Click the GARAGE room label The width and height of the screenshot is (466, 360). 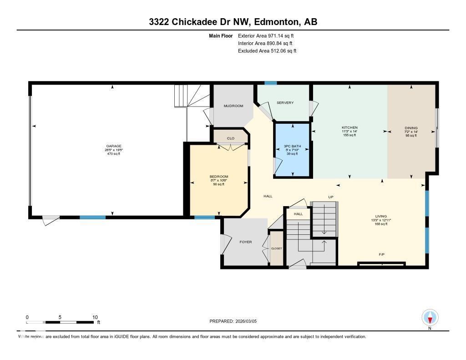113,146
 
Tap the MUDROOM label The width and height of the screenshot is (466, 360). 233,106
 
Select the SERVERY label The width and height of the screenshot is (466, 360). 285,103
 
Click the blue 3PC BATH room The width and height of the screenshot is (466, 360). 292,150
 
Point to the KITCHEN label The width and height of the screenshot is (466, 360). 349,127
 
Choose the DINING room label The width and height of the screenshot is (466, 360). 411,128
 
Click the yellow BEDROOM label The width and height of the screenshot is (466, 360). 219,177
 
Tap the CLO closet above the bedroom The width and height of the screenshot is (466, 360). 231,138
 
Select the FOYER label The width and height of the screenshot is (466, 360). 246,242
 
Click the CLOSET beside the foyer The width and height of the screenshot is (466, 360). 276,248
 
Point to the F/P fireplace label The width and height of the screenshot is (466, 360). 382,254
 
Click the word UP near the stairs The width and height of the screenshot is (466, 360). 331,197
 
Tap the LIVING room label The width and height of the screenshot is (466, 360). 380,217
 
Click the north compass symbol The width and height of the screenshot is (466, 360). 430,317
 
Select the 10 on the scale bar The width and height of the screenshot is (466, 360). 95,317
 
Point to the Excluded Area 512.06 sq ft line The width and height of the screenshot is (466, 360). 267,51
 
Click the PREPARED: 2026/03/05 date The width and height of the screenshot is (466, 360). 233,321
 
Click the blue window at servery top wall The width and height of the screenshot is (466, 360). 271,83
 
